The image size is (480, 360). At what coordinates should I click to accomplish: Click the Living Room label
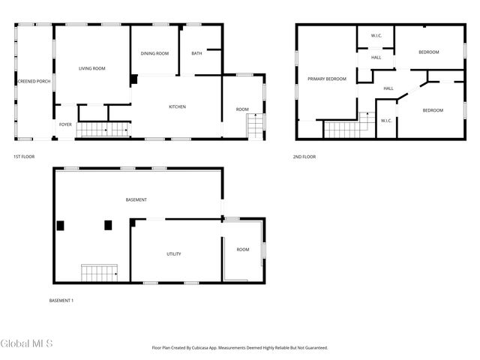tap(92, 68)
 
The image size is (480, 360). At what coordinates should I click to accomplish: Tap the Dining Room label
tap(155, 53)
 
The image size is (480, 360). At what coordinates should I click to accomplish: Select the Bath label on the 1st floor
tap(196, 53)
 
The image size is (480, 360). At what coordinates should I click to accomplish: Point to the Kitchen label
tap(177, 106)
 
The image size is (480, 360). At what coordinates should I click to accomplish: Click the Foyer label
tap(66, 124)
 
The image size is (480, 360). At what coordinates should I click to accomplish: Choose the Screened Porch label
tap(33, 81)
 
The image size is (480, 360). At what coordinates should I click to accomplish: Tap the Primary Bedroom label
tap(326, 79)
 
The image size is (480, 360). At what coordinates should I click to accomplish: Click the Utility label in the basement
tap(174, 253)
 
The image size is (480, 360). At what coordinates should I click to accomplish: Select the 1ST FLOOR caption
tap(24, 157)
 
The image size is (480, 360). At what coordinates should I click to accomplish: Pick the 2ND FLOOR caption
tap(304, 157)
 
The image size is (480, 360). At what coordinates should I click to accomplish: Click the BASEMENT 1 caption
tap(61, 301)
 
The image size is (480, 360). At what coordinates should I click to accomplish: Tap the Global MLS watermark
tap(26, 343)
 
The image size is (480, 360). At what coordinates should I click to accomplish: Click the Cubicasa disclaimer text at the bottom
tap(240, 347)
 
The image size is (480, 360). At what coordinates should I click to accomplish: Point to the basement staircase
tap(100, 273)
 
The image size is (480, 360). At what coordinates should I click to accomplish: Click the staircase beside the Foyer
tap(102, 130)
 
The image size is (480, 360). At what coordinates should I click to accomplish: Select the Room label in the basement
tap(243, 249)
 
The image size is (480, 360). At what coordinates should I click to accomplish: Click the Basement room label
tap(136, 199)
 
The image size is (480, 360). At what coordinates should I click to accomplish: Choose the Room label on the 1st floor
tap(242, 109)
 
